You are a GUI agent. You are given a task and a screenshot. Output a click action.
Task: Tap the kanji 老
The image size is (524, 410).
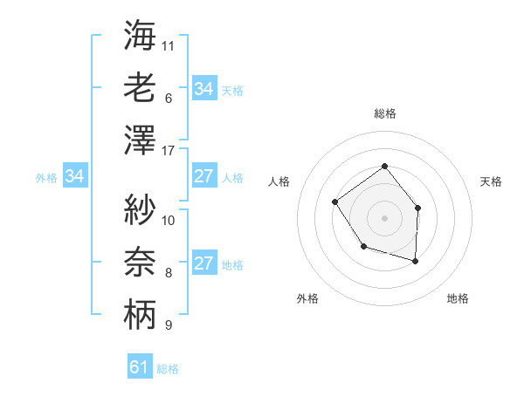coord(140,88)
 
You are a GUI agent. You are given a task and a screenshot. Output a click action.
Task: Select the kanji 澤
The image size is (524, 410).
coord(140,140)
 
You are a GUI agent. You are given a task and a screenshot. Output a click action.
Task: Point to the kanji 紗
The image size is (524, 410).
coord(140,209)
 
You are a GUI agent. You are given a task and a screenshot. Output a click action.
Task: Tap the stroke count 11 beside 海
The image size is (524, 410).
coord(169,45)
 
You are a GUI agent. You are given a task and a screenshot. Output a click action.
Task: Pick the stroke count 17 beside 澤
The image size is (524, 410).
coord(169,150)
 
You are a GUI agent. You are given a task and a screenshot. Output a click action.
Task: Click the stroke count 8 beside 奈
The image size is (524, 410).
coord(169,273)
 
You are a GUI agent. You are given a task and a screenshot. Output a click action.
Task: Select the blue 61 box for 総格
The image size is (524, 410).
coord(140,367)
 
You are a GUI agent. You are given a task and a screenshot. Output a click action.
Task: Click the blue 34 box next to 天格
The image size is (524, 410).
coord(203,89)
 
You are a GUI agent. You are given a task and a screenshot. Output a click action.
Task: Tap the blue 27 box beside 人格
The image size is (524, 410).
coord(203,176)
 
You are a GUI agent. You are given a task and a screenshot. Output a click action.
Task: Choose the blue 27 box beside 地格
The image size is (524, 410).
coord(203,264)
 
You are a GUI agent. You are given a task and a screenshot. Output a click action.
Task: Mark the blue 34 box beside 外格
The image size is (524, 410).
coord(74,177)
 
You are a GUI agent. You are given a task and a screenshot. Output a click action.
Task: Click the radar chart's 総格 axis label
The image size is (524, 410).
coord(384,113)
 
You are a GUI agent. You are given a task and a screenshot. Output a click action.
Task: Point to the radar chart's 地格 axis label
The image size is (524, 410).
coord(458,298)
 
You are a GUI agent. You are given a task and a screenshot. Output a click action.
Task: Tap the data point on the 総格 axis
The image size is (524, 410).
coord(384,167)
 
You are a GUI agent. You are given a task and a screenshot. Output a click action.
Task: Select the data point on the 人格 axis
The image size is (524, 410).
coord(335,202)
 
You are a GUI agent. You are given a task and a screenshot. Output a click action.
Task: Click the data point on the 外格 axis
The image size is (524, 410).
coord(363,248)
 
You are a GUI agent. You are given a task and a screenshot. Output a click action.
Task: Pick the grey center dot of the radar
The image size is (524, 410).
coord(384,217)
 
